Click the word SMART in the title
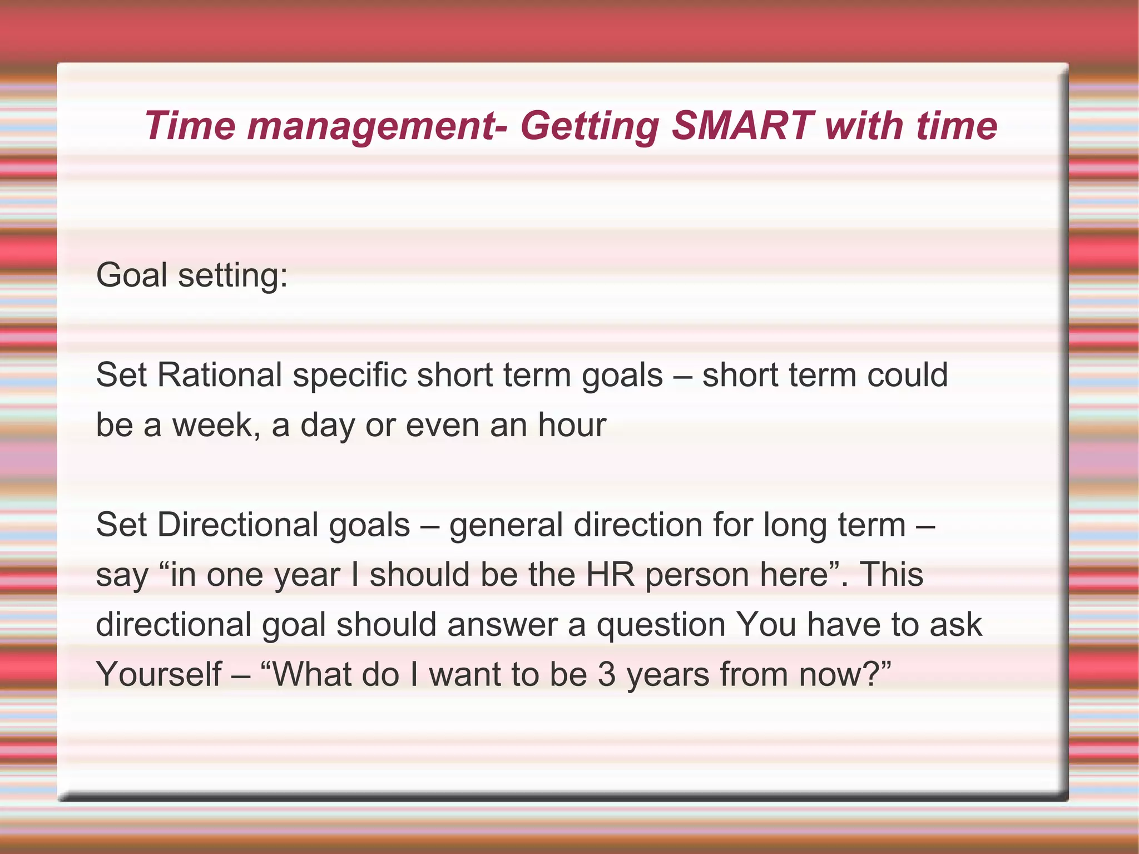coord(743,126)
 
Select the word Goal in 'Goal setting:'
coord(131,275)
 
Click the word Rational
coord(220,374)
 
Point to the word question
coord(661,625)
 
